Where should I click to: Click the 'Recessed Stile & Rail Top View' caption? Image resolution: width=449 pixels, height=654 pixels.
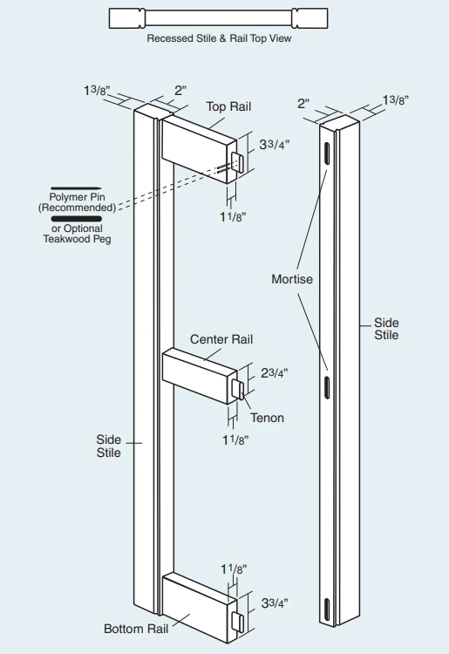[219, 38]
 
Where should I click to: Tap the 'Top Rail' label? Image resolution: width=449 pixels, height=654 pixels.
[228, 106]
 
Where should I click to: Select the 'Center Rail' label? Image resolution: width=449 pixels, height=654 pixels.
[221, 339]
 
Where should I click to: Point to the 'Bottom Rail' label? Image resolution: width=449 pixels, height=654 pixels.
[136, 629]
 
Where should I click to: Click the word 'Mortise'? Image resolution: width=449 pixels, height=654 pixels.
[292, 279]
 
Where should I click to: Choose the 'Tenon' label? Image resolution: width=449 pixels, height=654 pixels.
[268, 418]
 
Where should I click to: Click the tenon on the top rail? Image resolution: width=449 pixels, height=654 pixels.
[238, 161]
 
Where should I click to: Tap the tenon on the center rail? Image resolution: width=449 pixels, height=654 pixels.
[239, 390]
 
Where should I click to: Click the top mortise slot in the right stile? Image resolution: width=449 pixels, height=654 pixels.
[327, 153]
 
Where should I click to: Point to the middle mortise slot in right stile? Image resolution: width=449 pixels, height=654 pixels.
[327, 387]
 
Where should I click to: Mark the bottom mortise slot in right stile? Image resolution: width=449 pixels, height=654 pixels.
[327, 609]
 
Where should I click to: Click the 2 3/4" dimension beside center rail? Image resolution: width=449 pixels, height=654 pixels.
[275, 373]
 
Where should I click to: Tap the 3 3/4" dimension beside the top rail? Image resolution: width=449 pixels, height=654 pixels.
[275, 144]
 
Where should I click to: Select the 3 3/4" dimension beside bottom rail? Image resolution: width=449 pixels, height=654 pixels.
[275, 603]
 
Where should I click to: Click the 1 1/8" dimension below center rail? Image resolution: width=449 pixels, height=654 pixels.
[235, 440]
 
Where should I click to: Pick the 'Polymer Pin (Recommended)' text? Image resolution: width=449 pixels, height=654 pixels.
[77, 202]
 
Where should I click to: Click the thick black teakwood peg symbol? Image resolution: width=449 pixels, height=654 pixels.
[77, 219]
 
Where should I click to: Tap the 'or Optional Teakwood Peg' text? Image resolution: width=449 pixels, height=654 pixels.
[77, 234]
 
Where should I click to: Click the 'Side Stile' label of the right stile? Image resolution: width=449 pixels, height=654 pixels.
[386, 329]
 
